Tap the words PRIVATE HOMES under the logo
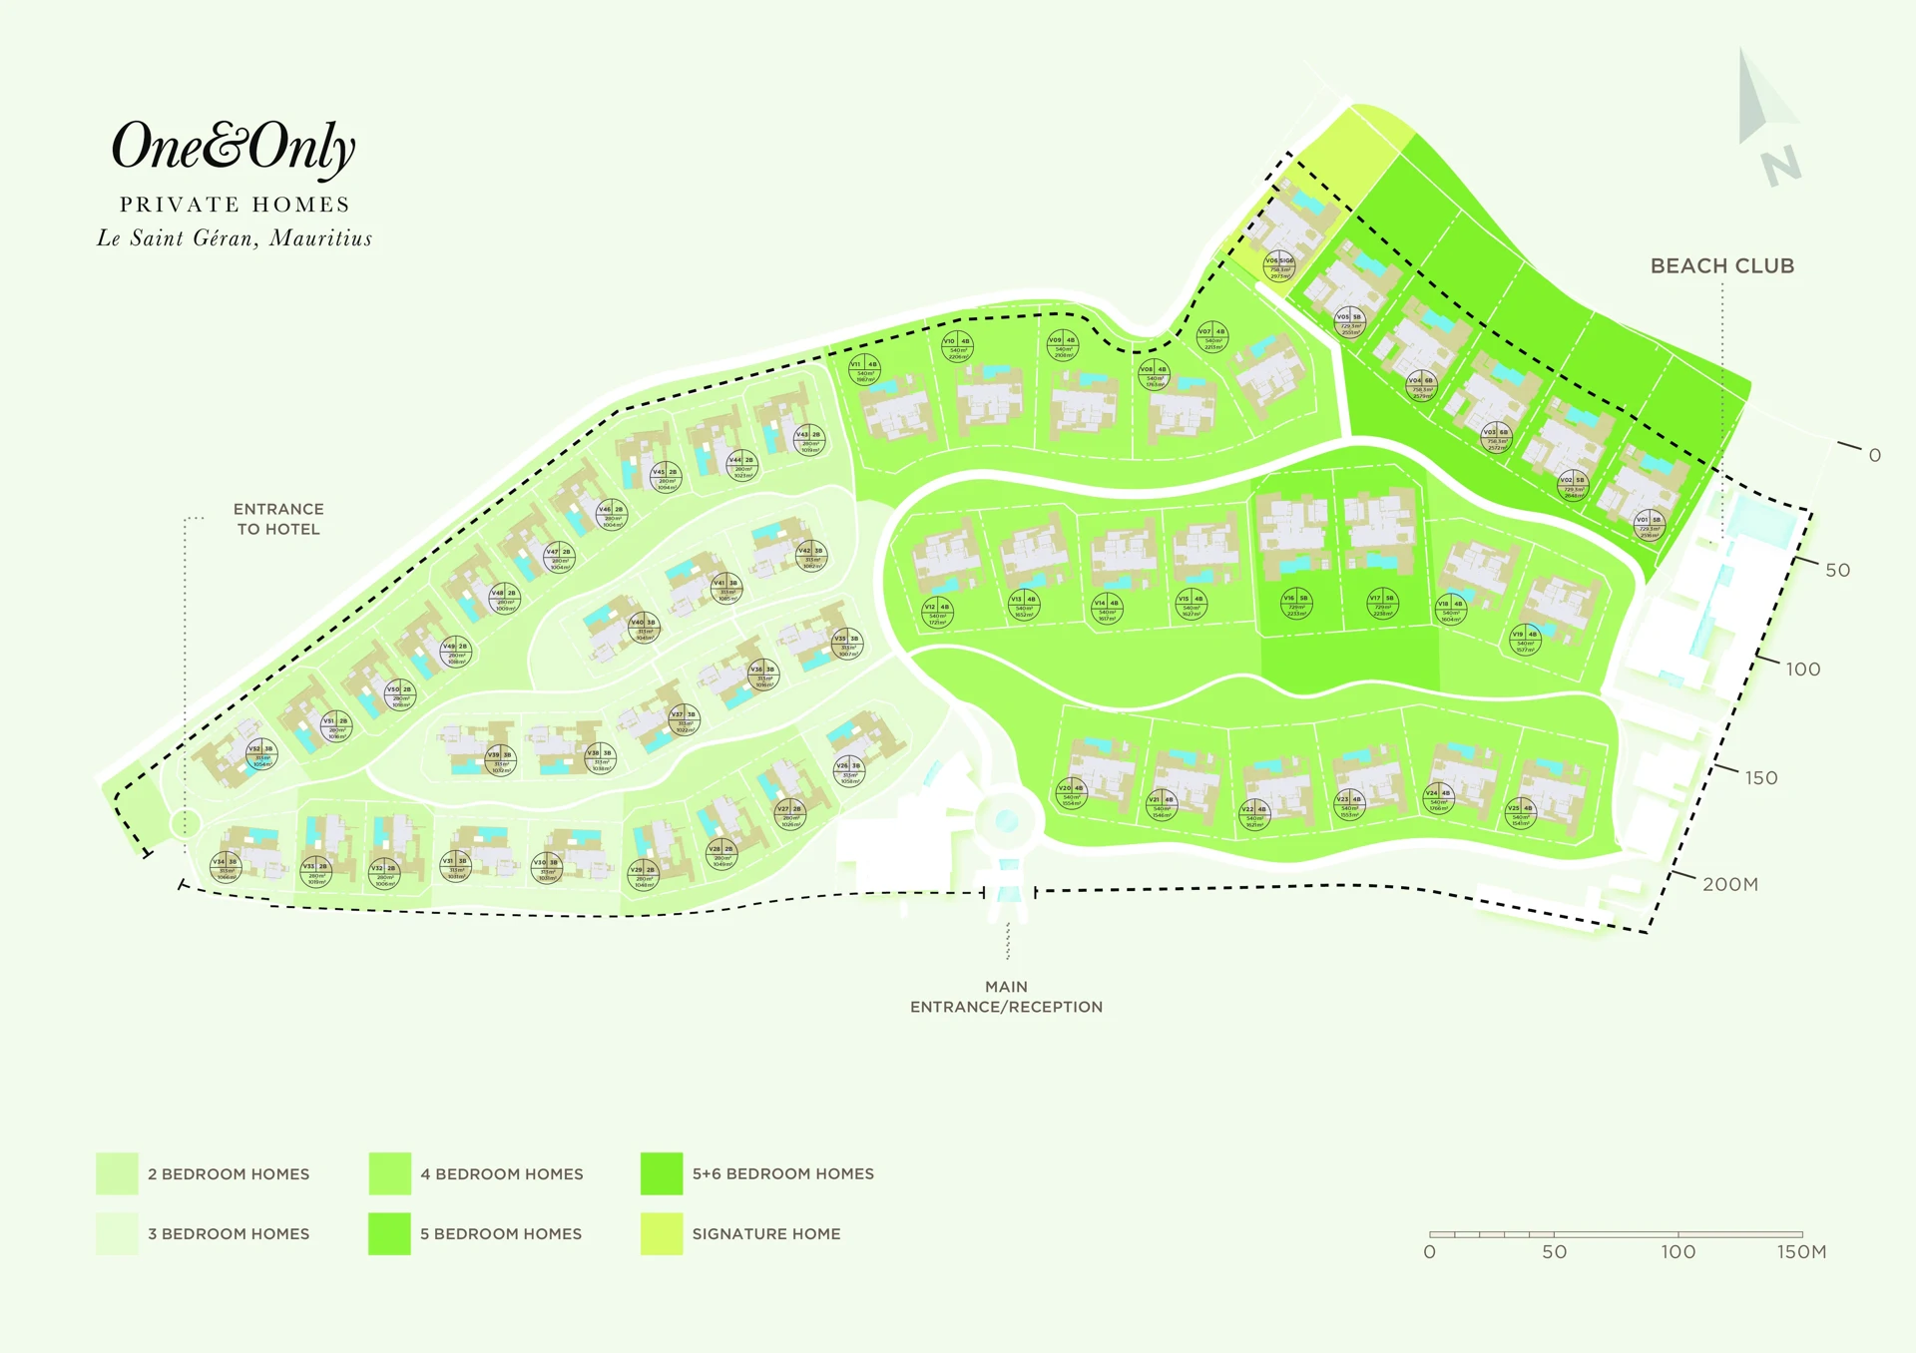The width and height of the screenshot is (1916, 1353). (235, 205)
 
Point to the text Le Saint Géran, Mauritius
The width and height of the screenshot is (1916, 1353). (235, 238)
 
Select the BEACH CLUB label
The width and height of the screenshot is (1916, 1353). (1721, 266)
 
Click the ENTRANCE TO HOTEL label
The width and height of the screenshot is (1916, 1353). (278, 519)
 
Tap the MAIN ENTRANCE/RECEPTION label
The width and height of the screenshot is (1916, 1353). (1006, 997)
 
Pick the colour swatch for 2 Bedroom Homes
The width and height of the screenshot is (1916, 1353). (117, 1173)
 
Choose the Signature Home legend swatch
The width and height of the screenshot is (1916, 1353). (662, 1233)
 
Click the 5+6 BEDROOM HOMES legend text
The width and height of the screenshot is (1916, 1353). (782, 1173)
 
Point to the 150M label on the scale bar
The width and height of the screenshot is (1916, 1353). (1801, 1252)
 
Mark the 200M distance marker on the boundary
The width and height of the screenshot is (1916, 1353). (1729, 884)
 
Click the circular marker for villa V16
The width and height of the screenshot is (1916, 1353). (1296, 604)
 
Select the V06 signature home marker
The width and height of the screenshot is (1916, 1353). (1279, 266)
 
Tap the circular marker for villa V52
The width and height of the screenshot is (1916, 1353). (261, 754)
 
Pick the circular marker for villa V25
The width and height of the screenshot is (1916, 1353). (1520, 814)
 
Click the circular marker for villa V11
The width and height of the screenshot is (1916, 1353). (864, 370)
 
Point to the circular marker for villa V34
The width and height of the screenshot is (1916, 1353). (226, 867)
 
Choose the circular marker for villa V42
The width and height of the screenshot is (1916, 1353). (811, 557)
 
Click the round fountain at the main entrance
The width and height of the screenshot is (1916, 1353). (1007, 821)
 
